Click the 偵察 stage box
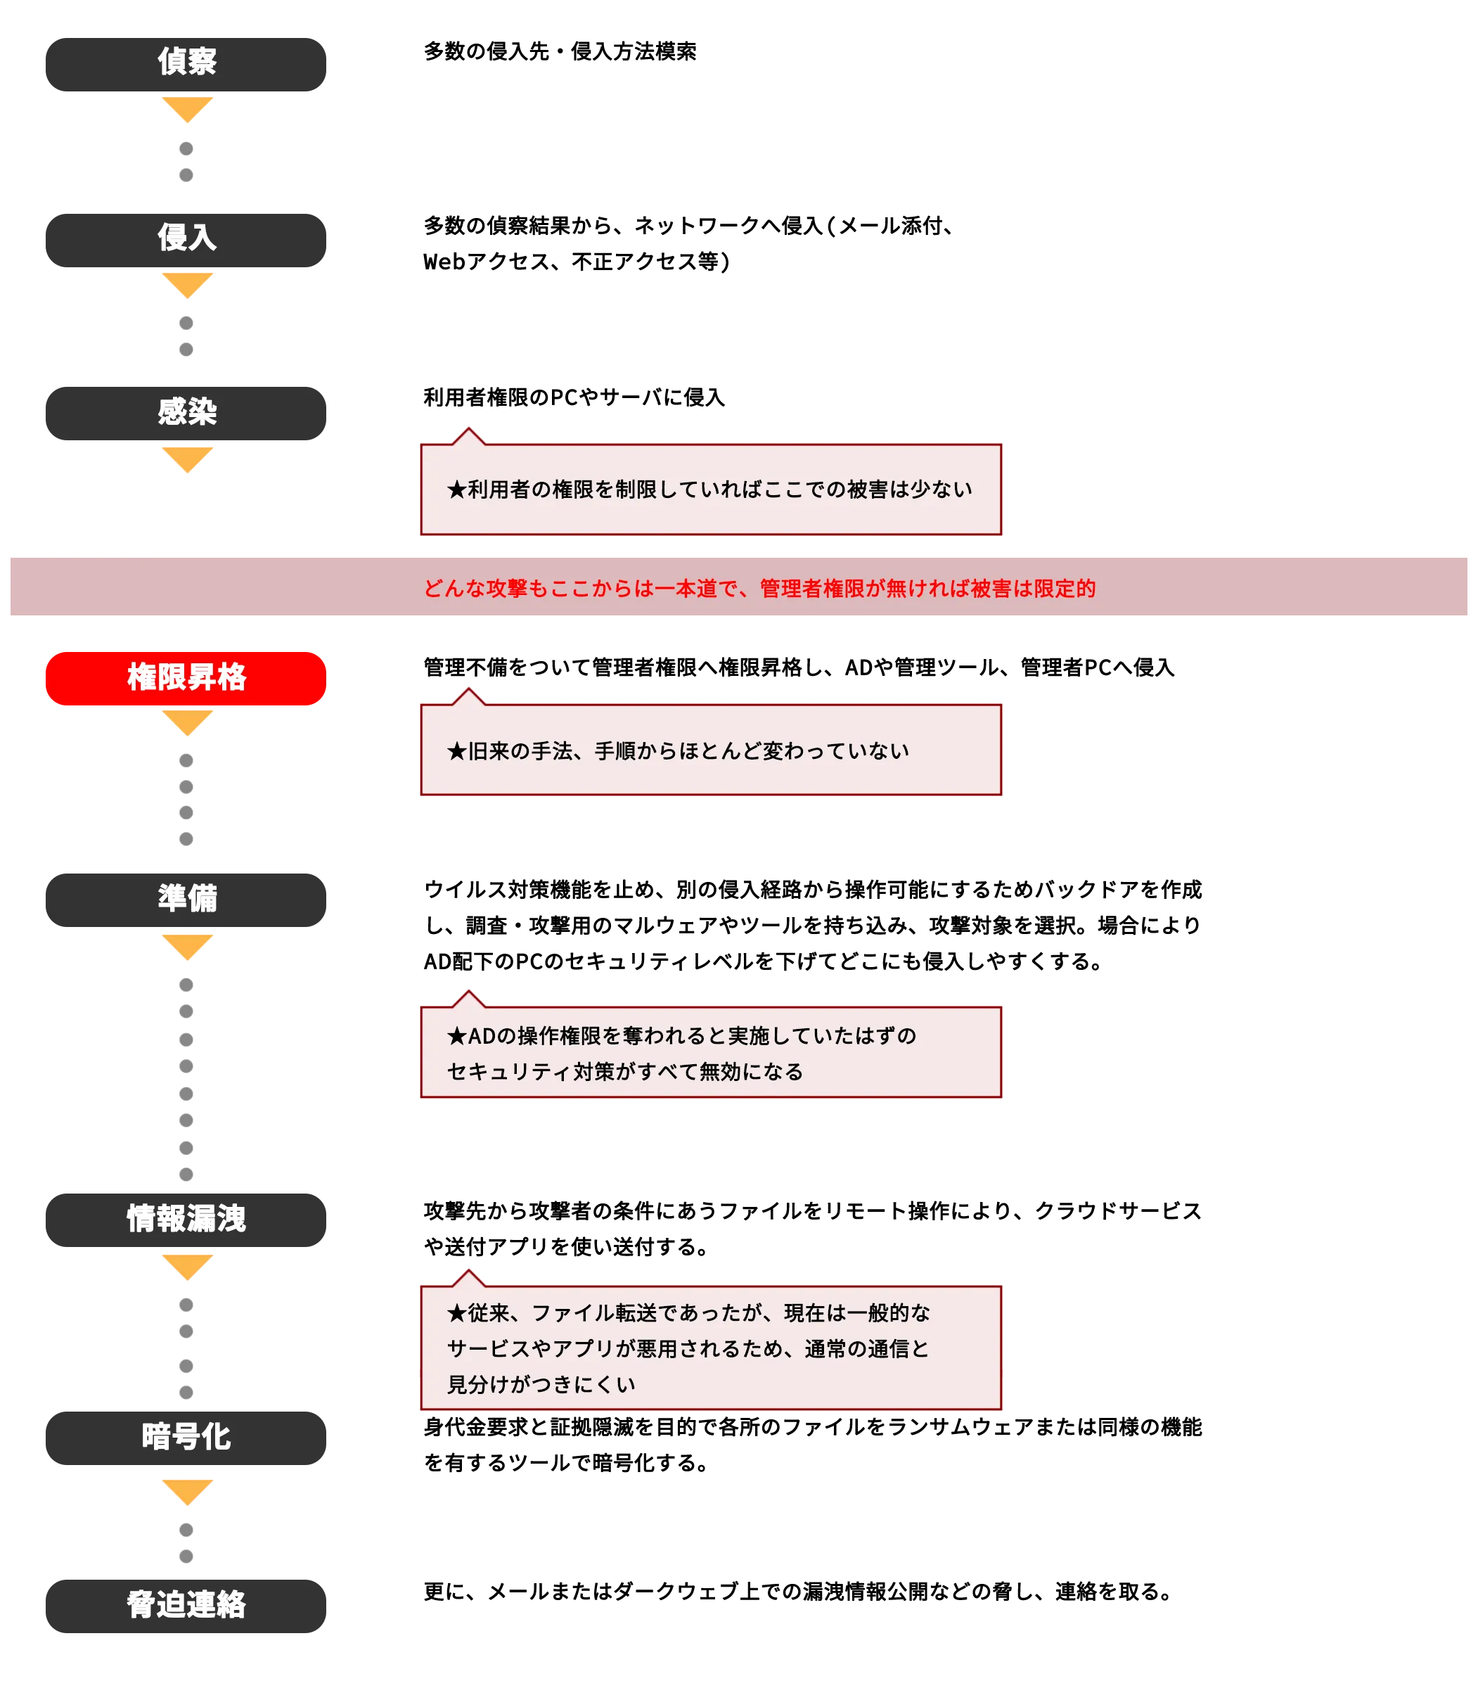pos(186,63)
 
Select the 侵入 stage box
pos(186,240)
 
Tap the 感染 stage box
pos(186,413)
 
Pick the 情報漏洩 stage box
pos(186,1220)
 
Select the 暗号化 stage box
pos(186,1437)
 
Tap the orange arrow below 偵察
pos(188,110)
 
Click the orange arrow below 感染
pos(188,459)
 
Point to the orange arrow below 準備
pos(188,946)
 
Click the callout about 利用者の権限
pos(711,490)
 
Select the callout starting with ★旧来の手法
pos(711,750)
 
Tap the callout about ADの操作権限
pos(711,1053)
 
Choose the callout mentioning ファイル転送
pos(711,1348)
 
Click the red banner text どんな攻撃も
pos(759,588)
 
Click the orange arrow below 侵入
pos(188,285)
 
